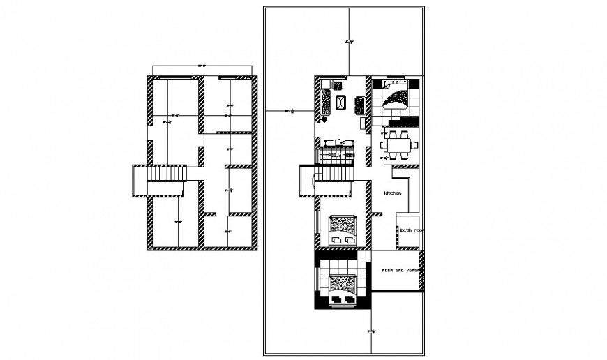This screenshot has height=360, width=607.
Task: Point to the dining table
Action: click(398, 145)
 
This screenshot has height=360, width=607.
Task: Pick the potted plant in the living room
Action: click(324, 119)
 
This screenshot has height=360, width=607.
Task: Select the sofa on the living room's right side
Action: click(360, 105)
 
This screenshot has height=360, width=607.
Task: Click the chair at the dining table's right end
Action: click(414, 145)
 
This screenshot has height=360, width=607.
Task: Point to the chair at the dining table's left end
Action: click(382, 145)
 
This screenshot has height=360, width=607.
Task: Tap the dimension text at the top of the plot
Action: click(350, 43)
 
